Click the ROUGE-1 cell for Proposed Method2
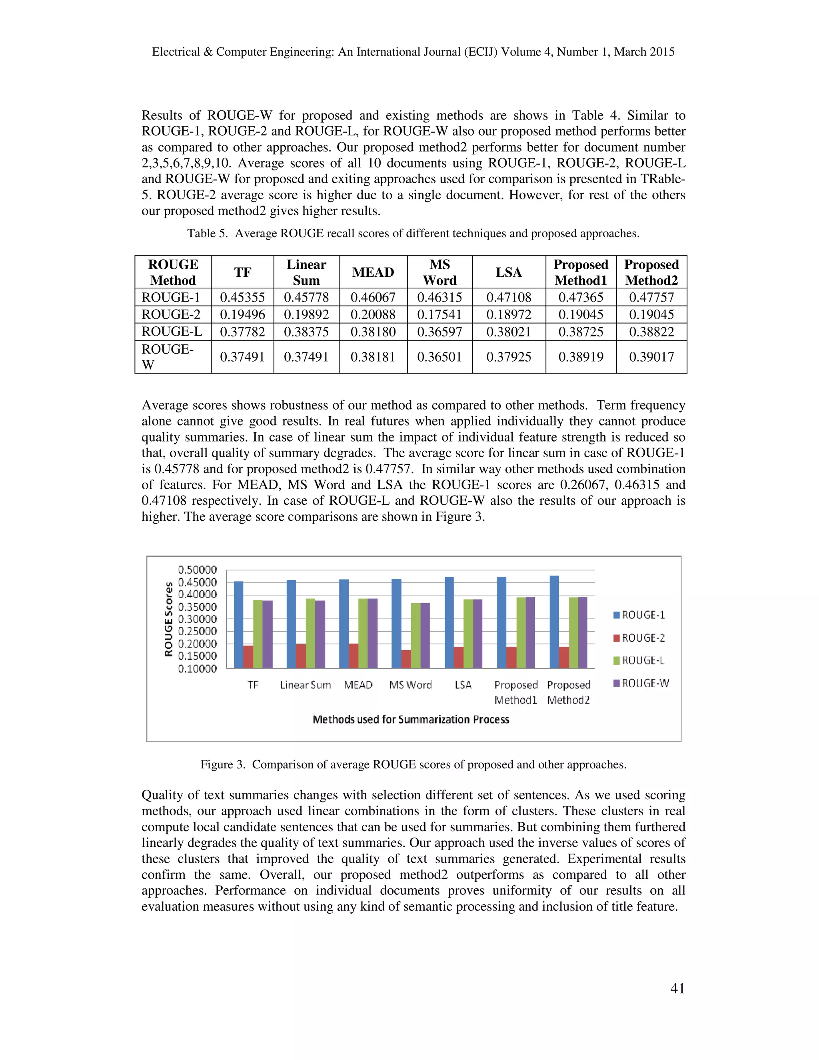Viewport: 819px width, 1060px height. coord(651,297)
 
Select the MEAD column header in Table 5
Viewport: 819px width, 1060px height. coord(373,272)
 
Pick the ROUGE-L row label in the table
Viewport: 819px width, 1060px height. coord(172,332)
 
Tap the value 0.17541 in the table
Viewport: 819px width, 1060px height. coord(439,314)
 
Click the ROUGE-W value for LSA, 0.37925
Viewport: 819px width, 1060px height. coord(509,357)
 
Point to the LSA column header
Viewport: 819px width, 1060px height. coord(509,272)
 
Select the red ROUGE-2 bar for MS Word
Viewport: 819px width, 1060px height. coord(406,659)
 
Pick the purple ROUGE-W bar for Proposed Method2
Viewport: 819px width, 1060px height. coord(583,632)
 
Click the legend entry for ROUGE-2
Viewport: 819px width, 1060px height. coord(639,638)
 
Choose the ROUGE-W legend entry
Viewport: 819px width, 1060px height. coord(641,683)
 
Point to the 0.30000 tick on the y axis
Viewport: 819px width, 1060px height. coord(198,619)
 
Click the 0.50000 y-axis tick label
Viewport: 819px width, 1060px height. coord(198,570)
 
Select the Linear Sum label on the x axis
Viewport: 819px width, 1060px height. coord(306,685)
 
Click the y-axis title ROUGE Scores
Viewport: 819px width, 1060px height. coord(169,619)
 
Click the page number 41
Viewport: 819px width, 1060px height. coord(677,988)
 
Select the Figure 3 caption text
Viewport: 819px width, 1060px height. coord(413,764)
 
